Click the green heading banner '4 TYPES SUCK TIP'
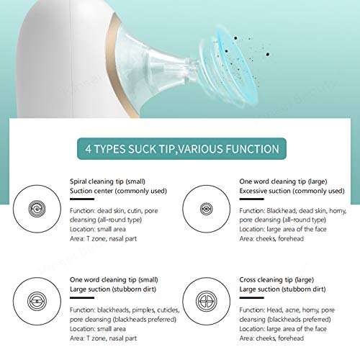[180, 150]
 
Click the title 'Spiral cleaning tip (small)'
[108, 182]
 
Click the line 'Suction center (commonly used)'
[117, 192]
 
